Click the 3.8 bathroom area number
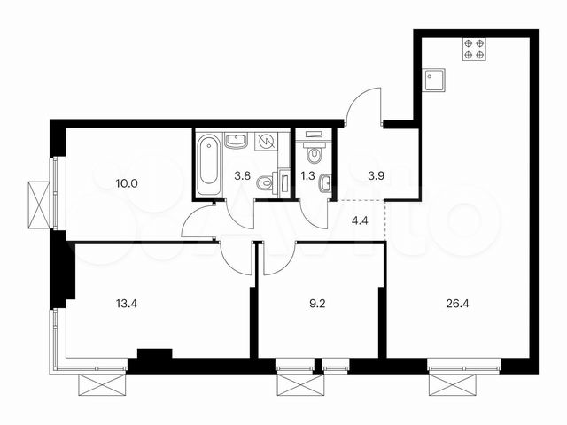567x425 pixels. click(241, 174)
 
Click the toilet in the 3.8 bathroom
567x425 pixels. click(264, 184)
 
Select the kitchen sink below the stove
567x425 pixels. click(435, 81)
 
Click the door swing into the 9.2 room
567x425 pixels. click(276, 257)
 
